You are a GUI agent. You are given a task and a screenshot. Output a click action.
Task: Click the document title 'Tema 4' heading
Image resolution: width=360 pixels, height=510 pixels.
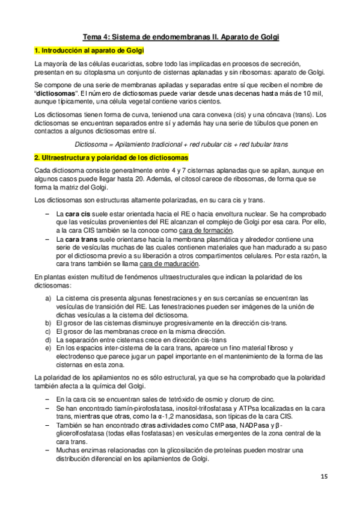(x=180, y=37)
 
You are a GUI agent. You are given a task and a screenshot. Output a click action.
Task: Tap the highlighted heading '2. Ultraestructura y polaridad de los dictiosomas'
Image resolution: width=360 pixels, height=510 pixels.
(x=111, y=157)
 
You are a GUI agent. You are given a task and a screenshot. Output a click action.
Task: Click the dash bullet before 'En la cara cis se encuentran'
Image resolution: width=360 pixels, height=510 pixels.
(x=48, y=399)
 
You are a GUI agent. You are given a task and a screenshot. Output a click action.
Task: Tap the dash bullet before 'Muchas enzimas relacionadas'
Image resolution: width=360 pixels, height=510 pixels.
(x=48, y=450)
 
